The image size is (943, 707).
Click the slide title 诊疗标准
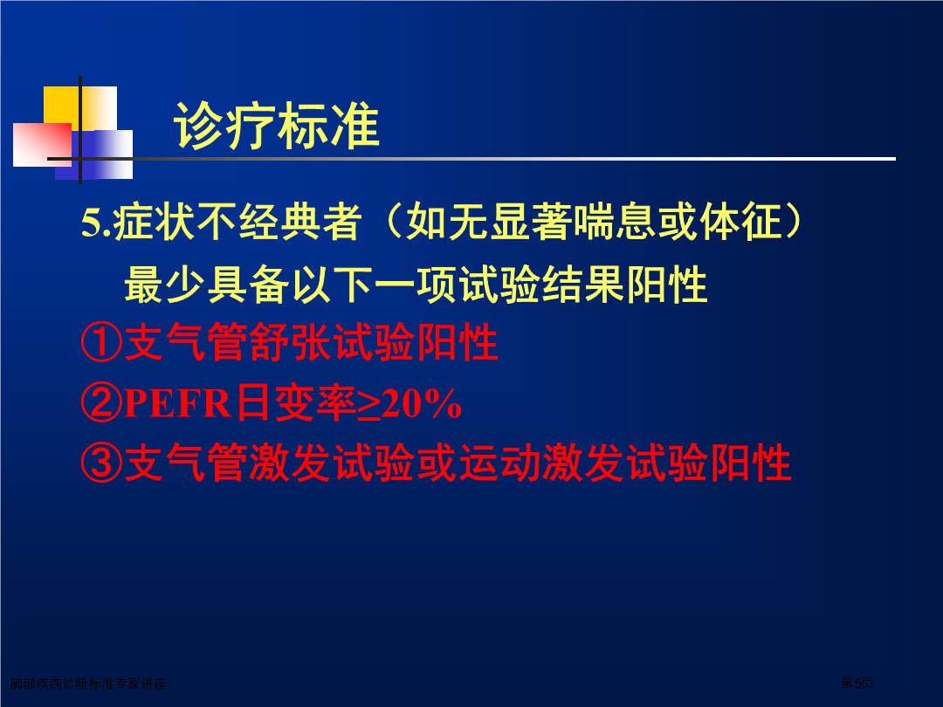click(x=277, y=126)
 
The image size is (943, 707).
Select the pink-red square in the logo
click(x=42, y=144)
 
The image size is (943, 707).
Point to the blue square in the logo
click(x=93, y=154)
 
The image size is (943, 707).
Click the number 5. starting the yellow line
click(x=96, y=223)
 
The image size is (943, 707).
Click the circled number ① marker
click(x=101, y=343)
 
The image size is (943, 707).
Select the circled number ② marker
click(x=101, y=402)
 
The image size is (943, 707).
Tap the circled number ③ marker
click(x=101, y=463)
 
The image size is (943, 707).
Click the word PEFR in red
click(x=177, y=402)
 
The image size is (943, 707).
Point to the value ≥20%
click(x=409, y=404)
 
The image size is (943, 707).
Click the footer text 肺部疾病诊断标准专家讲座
click(x=88, y=683)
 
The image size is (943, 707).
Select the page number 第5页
click(x=857, y=683)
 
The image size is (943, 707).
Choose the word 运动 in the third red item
click(x=500, y=463)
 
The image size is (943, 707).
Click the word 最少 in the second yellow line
click(x=165, y=285)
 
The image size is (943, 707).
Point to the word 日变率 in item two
click(x=295, y=402)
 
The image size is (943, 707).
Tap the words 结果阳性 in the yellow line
click(x=624, y=285)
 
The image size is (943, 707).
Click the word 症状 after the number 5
click(x=154, y=222)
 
